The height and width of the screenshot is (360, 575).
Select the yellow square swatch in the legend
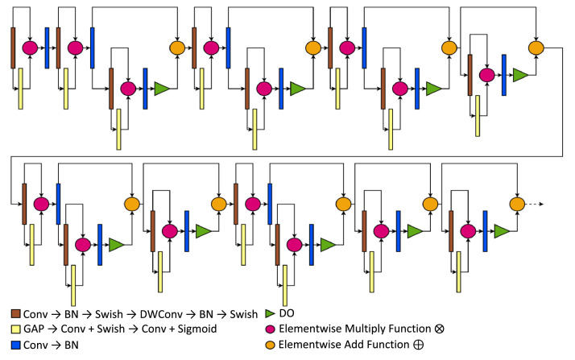(x=15, y=329)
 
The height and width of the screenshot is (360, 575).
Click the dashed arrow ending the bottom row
(x=536, y=205)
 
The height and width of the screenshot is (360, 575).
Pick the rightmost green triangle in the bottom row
(x=501, y=231)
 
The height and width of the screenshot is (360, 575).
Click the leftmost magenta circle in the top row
(x=30, y=48)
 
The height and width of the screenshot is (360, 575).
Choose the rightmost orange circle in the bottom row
(x=517, y=205)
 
